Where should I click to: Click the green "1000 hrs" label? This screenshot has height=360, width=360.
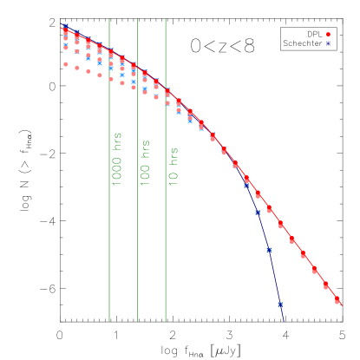[117, 160]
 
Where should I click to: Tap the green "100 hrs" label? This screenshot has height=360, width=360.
[146, 161]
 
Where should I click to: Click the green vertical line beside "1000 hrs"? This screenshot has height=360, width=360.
[109, 243]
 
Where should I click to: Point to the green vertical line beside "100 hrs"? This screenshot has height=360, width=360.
[137, 243]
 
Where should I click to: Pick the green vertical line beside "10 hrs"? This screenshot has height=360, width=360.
[166, 243]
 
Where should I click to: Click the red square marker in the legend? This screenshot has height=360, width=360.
[329, 35]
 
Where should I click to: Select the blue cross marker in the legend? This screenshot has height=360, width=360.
[329, 43]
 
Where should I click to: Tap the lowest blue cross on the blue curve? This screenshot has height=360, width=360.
[280, 304]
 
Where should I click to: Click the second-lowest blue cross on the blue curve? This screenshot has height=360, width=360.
[269, 250]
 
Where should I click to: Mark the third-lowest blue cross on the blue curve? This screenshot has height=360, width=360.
[258, 212]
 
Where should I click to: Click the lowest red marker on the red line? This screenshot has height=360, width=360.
[337, 300]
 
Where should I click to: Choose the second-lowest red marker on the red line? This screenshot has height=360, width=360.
[326, 285]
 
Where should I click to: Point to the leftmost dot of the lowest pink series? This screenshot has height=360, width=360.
[65, 63]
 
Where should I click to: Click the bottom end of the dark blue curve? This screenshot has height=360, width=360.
[284, 320]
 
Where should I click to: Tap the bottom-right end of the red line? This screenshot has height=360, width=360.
[343, 306]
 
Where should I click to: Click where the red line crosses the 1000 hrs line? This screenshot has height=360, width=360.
[109, 50]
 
